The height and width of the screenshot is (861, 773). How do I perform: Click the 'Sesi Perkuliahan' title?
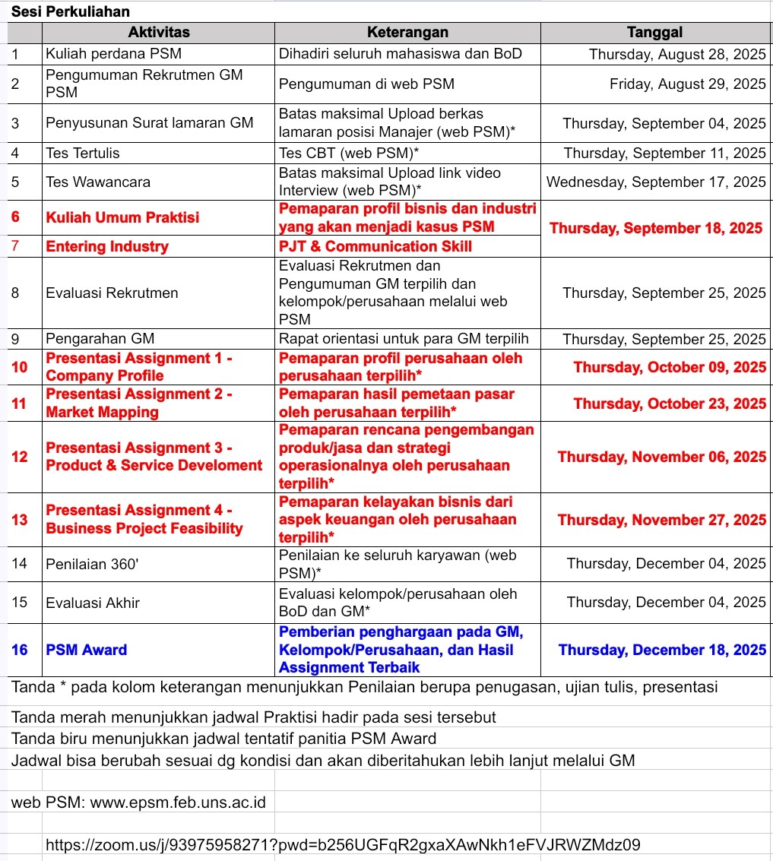tap(70, 11)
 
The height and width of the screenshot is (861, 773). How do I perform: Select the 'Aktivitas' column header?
tap(158, 32)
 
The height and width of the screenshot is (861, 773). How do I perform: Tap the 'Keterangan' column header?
tap(407, 32)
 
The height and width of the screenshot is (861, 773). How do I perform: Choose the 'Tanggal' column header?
tap(654, 32)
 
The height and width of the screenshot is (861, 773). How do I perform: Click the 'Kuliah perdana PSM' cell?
tap(113, 54)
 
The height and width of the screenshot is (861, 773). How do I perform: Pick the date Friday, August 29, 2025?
tap(687, 84)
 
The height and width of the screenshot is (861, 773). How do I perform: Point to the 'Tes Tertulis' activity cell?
tap(83, 153)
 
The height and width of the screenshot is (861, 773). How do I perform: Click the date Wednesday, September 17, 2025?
tap(656, 182)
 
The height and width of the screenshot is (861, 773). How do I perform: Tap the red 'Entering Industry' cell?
tap(107, 246)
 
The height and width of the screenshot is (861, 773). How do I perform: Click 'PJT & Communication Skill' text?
tap(375, 246)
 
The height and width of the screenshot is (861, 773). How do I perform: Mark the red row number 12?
tap(20, 457)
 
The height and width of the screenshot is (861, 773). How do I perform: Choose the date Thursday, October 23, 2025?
tap(670, 404)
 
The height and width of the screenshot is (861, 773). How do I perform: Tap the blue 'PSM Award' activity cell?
tap(86, 650)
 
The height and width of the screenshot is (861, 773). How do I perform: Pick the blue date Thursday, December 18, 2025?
tap(662, 650)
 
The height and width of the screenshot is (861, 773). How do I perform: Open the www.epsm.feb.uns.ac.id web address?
tap(178, 802)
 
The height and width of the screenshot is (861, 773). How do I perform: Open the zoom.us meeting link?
tap(343, 844)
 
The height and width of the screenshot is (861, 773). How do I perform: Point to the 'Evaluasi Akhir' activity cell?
tap(93, 603)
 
